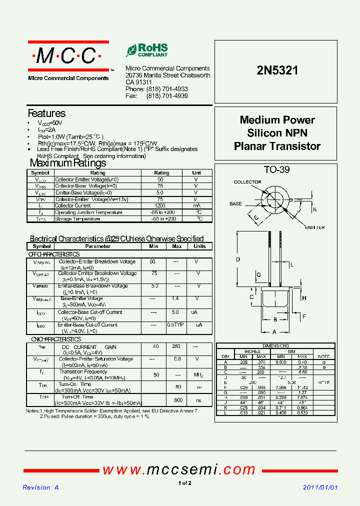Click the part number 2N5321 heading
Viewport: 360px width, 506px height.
click(x=277, y=70)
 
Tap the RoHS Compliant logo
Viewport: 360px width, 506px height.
click(x=147, y=50)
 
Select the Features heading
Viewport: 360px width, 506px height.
click(x=46, y=113)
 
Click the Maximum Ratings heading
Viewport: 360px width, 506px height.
click(x=68, y=163)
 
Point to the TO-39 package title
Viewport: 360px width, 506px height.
click(x=276, y=169)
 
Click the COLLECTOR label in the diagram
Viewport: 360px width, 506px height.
click(x=247, y=182)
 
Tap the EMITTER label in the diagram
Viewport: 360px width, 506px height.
click(x=314, y=227)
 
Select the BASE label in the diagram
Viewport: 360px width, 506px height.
click(x=235, y=204)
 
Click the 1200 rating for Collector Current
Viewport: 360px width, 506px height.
click(x=160, y=205)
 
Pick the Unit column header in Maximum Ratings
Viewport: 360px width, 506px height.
click(x=196, y=173)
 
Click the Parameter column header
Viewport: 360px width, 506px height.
click(x=98, y=246)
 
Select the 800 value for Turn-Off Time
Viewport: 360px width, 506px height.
click(x=177, y=400)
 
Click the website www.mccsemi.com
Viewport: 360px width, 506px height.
click(x=179, y=470)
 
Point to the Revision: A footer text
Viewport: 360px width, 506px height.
click(x=41, y=487)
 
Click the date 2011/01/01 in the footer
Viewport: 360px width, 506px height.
click(x=320, y=487)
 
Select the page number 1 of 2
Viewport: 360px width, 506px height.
click(x=184, y=483)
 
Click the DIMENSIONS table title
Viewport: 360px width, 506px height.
click(x=276, y=346)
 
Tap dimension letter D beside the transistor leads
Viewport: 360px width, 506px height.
click(x=238, y=259)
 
